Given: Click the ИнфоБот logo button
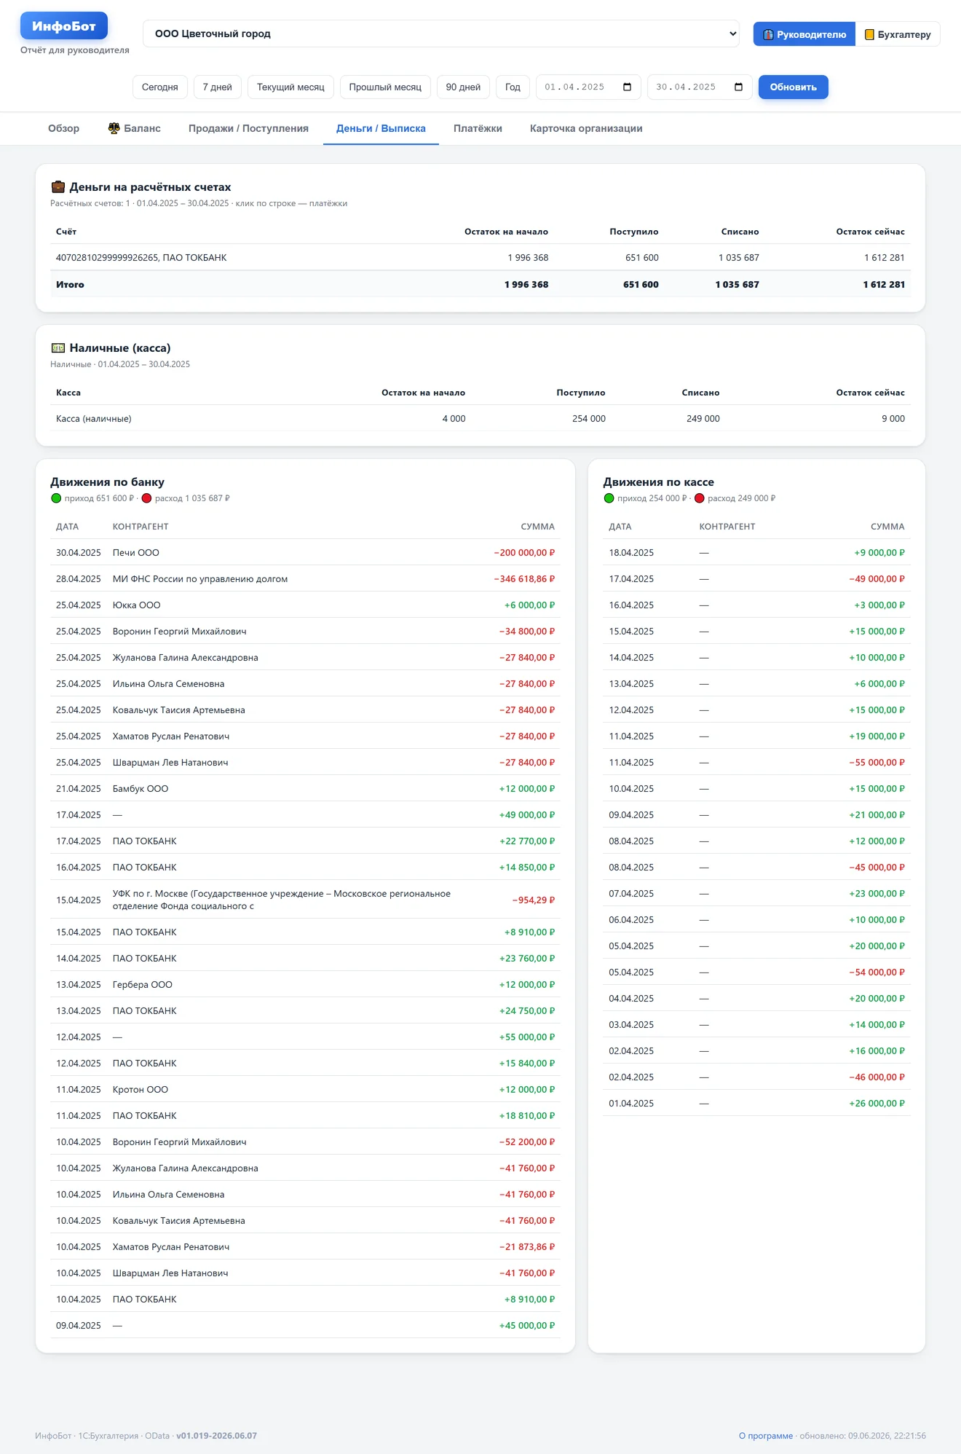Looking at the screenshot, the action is pos(64,26).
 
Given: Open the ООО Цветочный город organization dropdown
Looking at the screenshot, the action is pos(441,34).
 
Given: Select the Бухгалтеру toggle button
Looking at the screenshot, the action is pos(898,34).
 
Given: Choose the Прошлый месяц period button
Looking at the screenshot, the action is pos(385,87).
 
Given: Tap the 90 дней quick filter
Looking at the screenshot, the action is pos(463,87).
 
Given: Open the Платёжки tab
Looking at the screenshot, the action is pos(478,129).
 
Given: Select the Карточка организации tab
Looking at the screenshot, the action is pos(586,129).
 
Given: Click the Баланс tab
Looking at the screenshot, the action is pos(135,129).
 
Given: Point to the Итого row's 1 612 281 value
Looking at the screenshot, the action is pos(884,285).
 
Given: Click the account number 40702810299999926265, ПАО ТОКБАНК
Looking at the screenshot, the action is pos(141,258).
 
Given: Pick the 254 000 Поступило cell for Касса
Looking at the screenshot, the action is pos(588,419).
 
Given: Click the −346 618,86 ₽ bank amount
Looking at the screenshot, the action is pos(524,579).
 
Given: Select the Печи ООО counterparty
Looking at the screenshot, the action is pos(136,553).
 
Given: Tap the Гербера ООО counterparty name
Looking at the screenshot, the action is pos(143,985).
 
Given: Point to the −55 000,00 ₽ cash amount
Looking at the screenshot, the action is pos(877,763).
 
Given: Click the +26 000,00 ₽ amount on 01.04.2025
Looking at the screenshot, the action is pos(877,1104).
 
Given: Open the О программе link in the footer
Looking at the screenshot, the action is pos(766,1436).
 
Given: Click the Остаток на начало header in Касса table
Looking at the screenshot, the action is pos(423,393).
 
